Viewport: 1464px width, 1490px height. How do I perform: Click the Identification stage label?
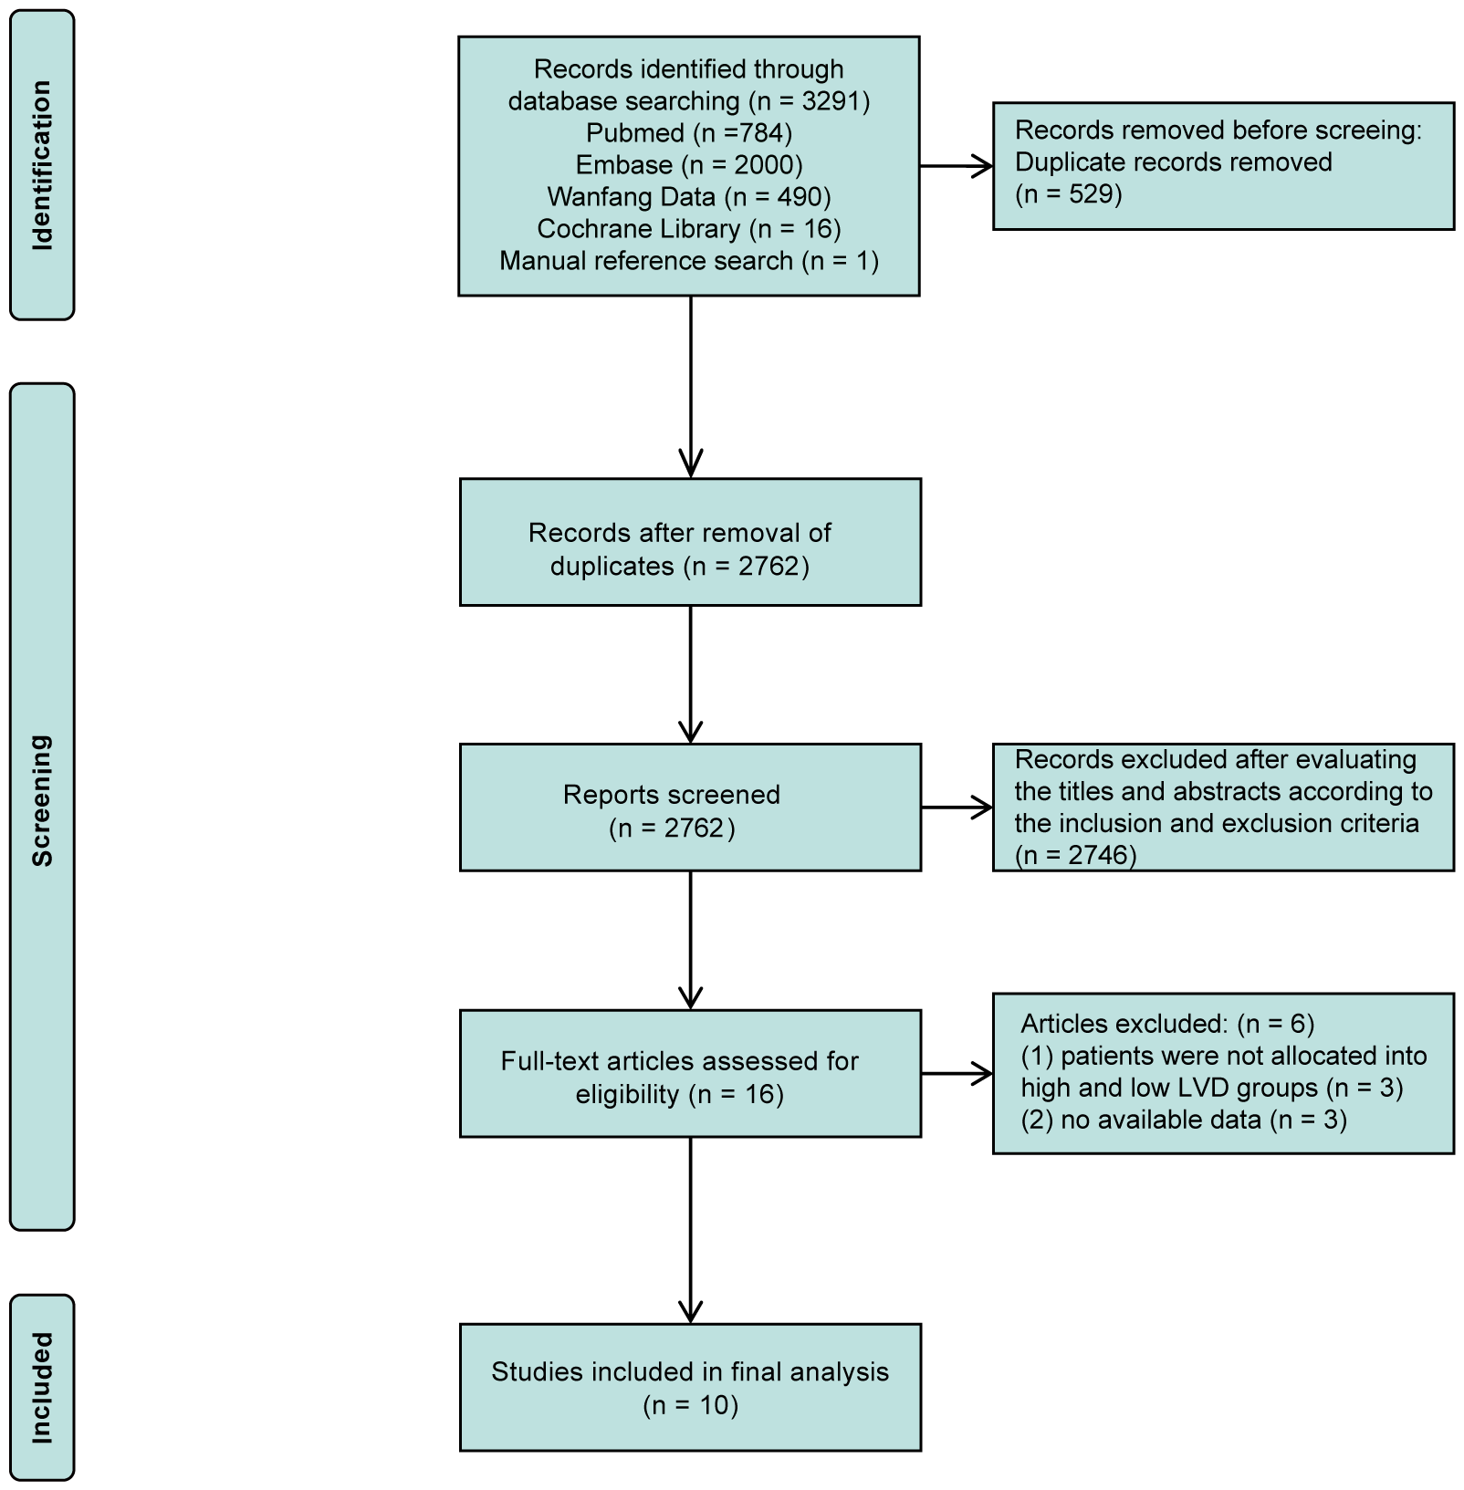coord(42,165)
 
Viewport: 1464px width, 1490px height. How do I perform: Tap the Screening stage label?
coord(42,800)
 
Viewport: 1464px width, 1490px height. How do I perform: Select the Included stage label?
coord(42,1387)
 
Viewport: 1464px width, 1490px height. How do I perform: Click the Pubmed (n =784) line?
coord(689,133)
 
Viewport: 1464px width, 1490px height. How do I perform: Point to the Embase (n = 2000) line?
coord(689,165)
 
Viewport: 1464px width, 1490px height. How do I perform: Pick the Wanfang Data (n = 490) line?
coord(689,197)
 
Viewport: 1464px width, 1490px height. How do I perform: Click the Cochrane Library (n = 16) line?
coord(689,229)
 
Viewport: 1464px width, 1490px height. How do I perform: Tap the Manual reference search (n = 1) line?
coord(689,261)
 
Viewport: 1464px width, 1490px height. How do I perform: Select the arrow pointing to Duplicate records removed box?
coord(957,166)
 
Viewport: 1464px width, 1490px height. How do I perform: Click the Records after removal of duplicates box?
coord(690,542)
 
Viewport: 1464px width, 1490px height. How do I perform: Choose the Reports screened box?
coord(690,808)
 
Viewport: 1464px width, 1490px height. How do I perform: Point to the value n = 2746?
coord(1076,855)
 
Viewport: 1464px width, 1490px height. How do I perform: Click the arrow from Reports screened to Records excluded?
coord(957,808)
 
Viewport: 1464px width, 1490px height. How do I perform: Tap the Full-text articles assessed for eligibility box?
coord(690,1074)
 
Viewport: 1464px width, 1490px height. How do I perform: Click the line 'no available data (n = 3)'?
coord(1183,1120)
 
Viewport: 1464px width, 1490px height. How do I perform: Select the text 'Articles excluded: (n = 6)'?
coord(1166,1024)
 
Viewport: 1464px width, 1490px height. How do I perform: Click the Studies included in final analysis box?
coord(690,1388)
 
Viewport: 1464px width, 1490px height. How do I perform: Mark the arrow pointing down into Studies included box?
coord(691,1232)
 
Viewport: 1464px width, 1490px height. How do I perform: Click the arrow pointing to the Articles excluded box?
coord(957,1074)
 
